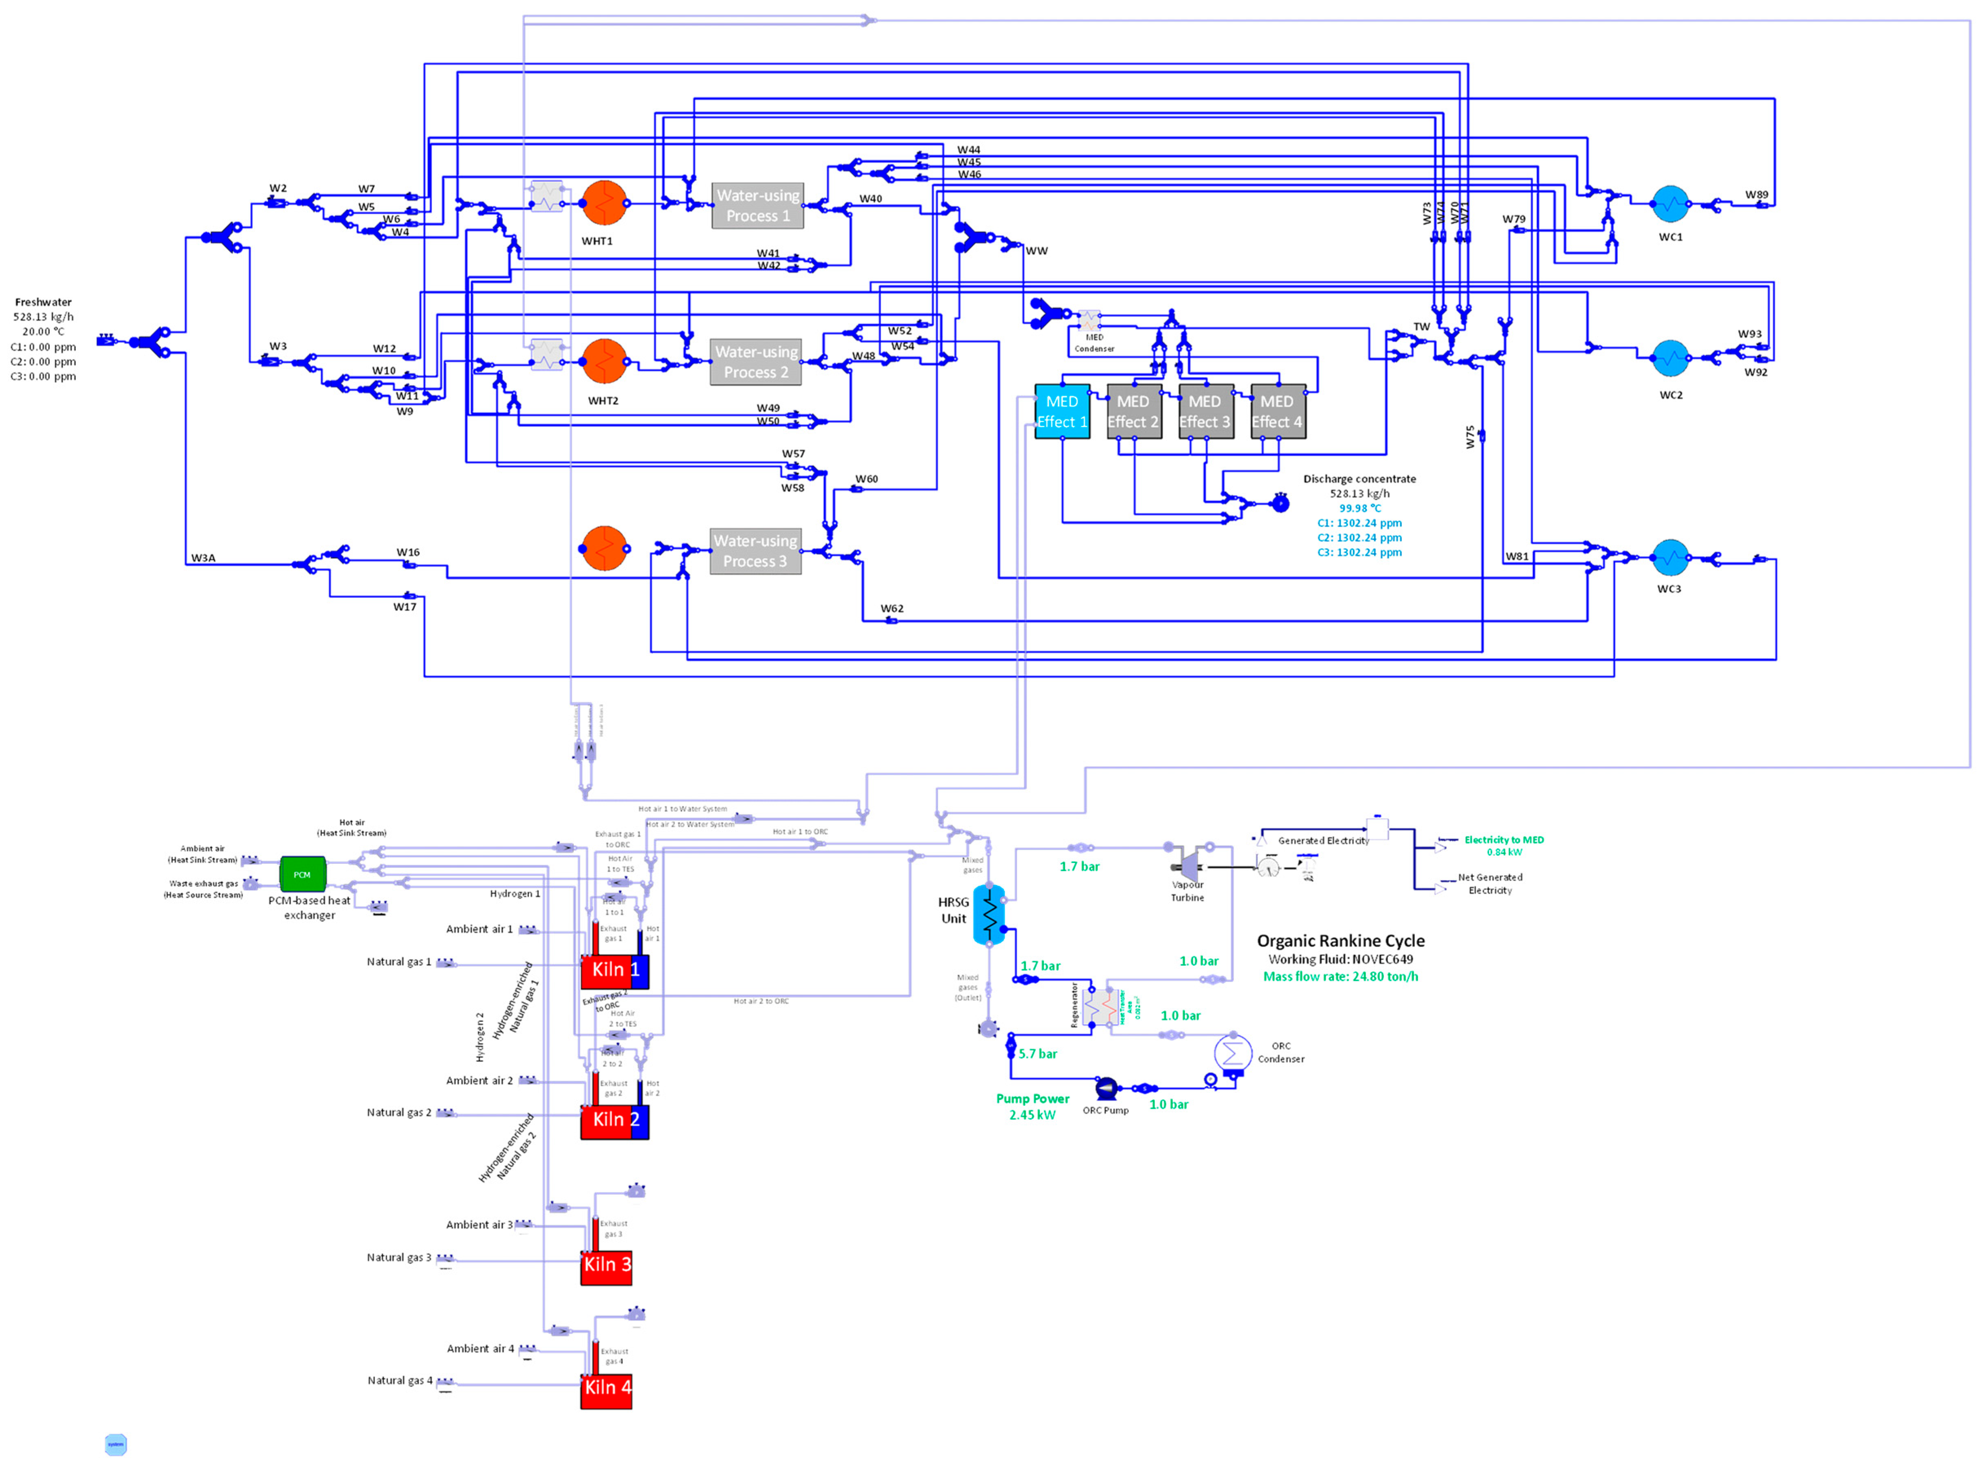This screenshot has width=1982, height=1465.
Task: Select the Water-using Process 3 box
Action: click(x=756, y=551)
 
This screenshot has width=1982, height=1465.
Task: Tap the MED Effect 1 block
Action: click(x=1062, y=411)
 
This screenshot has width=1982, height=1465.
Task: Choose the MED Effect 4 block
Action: click(x=1277, y=411)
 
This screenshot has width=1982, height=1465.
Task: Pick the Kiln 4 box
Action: click(x=607, y=1387)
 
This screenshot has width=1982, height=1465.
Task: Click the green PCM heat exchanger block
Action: click(x=302, y=874)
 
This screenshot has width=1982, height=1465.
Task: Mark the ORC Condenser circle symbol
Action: click(x=1232, y=1053)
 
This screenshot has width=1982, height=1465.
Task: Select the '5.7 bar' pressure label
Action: click(x=1038, y=1054)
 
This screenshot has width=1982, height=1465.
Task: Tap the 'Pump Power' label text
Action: click(x=1032, y=1099)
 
